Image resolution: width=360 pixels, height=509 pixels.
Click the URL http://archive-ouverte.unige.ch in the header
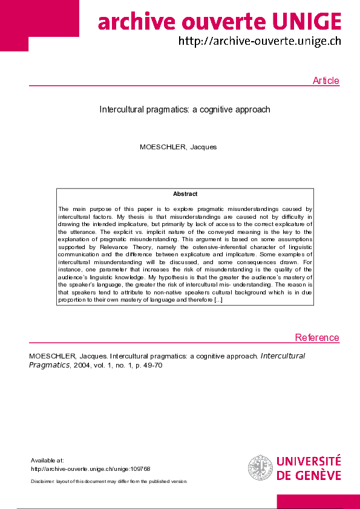(x=259, y=41)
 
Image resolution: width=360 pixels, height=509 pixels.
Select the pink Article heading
(x=326, y=81)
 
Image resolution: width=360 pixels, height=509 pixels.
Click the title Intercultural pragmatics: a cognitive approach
(x=185, y=110)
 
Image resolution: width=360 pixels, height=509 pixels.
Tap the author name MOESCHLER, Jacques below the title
(x=178, y=147)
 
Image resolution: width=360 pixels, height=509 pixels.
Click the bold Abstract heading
(x=185, y=194)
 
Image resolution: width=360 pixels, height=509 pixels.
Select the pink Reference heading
(x=317, y=337)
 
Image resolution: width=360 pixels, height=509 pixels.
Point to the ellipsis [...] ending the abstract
(x=218, y=300)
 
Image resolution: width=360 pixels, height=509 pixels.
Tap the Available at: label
(x=47, y=461)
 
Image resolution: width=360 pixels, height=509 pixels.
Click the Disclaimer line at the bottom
(x=109, y=481)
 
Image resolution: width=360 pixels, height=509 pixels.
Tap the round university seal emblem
(x=260, y=468)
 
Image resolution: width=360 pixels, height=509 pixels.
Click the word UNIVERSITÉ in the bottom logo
(x=309, y=462)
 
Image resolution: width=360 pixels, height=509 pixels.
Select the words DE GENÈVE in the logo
(x=309, y=475)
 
